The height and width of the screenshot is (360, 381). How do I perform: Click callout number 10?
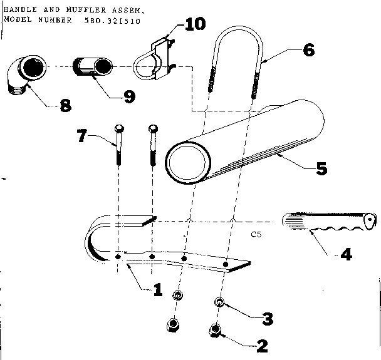tap(194, 24)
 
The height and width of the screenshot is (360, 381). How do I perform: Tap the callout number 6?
tap(308, 50)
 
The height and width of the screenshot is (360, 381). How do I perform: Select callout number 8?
tap(65, 105)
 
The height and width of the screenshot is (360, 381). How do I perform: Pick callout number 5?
tap(320, 168)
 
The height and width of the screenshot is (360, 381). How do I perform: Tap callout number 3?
tap(268, 319)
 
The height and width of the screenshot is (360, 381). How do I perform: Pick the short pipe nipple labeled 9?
tap(93, 67)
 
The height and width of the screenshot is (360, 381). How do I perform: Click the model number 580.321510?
tap(112, 20)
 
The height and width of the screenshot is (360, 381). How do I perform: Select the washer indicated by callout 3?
tap(219, 303)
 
